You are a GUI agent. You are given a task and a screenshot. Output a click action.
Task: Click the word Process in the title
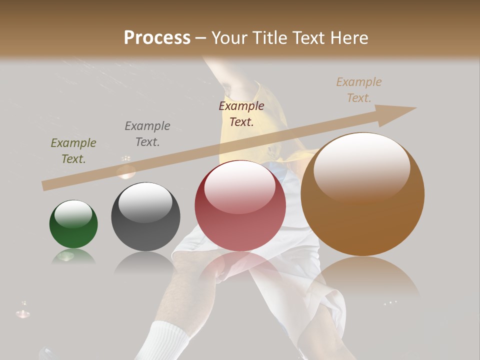[157, 38]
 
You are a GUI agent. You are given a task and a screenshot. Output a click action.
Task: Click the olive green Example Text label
[73, 151]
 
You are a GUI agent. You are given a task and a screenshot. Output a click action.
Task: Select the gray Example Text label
[147, 134]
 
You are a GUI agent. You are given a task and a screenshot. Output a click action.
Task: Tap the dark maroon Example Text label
[241, 114]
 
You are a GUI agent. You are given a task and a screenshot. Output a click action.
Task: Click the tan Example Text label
[359, 90]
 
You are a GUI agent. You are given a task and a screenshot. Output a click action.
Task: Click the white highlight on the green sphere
[73, 214]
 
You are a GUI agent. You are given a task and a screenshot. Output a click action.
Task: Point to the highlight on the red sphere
[239, 186]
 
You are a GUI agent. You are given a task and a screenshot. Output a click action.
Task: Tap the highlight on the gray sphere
[145, 201]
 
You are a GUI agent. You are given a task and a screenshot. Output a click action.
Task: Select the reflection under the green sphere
[73, 256]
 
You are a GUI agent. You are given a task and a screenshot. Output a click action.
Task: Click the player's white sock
[167, 340]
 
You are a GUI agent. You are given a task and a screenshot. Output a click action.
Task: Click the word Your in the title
[229, 38]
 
